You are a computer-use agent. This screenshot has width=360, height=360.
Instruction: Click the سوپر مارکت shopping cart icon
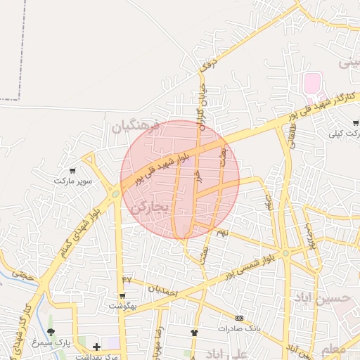(x=72, y=171)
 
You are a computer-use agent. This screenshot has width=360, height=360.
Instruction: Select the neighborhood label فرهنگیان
(x=136, y=126)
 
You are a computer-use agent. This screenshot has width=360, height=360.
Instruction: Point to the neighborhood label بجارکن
(x=149, y=207)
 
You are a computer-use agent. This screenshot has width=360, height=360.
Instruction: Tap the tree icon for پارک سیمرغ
(x=51, y=332)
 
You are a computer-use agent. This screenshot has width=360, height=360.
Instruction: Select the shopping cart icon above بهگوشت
(x=124, y=296)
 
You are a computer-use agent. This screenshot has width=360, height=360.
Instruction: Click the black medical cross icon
(x=96, y=346)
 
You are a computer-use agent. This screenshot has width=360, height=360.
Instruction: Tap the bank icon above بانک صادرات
(x=239, y=318)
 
